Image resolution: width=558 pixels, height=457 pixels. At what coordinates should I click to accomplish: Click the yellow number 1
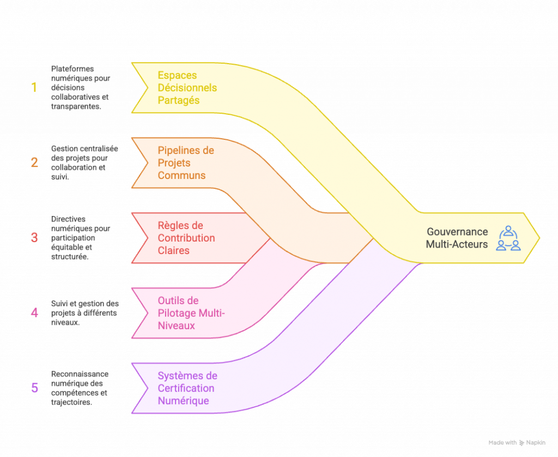34,87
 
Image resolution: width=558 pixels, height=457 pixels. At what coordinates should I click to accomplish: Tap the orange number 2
34,162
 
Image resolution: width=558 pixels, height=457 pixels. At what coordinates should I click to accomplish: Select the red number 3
34,237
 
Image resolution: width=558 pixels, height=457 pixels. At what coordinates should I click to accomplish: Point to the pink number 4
34,313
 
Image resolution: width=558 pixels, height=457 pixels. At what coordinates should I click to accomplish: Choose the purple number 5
34,388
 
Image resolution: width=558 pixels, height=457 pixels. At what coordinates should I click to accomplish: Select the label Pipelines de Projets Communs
186,163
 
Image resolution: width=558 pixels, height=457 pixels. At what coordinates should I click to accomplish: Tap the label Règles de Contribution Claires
186,238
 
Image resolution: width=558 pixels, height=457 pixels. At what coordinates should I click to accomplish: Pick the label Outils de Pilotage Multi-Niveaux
191,313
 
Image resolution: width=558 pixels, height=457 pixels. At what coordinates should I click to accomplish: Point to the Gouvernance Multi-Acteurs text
457,238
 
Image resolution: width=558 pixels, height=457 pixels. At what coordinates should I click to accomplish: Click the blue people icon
508,238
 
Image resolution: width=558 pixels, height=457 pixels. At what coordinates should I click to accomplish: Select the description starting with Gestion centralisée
84,163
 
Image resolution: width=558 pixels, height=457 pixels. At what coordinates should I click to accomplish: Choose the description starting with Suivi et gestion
84,313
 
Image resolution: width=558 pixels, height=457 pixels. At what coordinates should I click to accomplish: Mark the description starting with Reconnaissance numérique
80,388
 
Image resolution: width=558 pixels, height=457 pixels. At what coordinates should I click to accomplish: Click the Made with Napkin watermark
517,443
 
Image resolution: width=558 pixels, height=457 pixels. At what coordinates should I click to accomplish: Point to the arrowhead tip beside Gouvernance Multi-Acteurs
538,238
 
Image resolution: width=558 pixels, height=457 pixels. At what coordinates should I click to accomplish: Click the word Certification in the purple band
186,388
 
